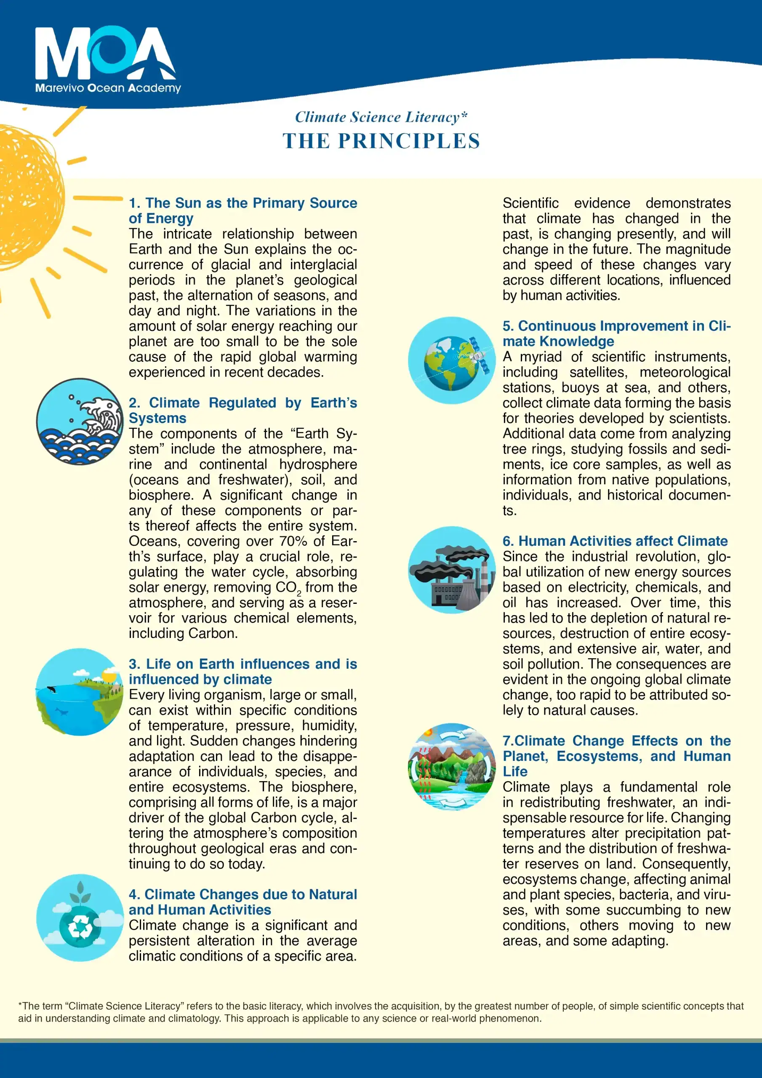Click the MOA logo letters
coord(105,53)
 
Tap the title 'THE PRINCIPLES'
coord(381,141)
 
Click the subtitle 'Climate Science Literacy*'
coord(381,117)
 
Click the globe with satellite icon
coord(452,360)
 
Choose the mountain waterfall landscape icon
coord(452,766)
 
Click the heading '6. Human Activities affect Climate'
coord(615,541)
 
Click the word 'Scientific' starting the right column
coord(530,203)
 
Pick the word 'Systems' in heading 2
coord(157,418)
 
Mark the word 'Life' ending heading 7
coord(515,771)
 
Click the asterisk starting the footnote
coord(20,1005)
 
